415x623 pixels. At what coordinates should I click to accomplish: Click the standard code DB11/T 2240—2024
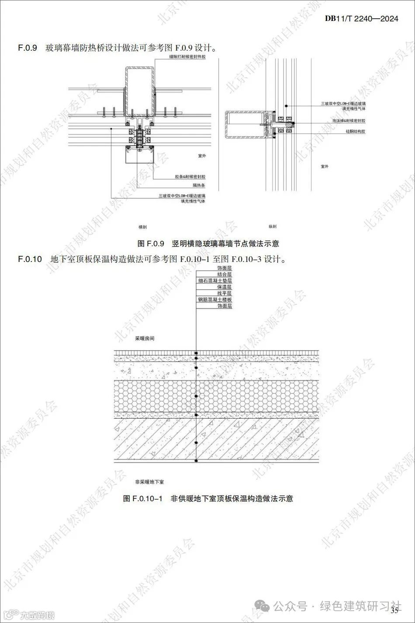point(362,19)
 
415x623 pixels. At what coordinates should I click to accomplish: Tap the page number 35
point(396,610)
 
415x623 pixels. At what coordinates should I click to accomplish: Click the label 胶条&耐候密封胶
point(190,177)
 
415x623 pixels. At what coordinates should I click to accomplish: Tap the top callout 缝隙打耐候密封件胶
point(188,57)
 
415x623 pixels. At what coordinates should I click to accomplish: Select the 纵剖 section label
point(272,227)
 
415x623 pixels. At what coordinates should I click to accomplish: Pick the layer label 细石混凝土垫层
point(214,281)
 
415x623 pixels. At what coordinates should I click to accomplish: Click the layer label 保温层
point(225,287)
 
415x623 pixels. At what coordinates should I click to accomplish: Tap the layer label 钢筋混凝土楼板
point(214,300)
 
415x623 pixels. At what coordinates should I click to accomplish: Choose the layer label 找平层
point(225,294)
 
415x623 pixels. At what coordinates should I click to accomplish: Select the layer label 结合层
point(225,275)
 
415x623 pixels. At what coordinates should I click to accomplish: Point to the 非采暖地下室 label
point(149,482)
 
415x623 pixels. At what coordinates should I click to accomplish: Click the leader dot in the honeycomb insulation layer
point(196,396)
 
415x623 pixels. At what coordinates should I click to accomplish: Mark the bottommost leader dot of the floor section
point(196,461)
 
